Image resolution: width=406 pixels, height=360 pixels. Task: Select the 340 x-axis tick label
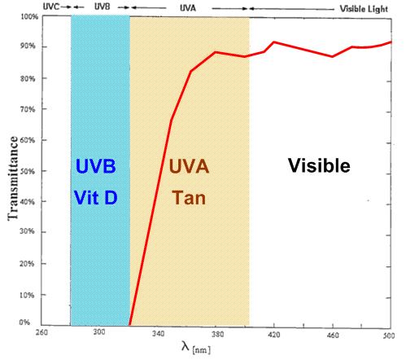pyautogui.click(x=159, y=333)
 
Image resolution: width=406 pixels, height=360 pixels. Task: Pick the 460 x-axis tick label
pyautogui.click(x=333, y=333)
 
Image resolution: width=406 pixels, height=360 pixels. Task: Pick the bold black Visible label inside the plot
pyautogui.click(x=319, y=166)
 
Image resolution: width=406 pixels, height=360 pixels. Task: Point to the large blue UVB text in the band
pyautogui.click(x=97, y=166)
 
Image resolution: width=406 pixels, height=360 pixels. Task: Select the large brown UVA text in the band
pyautogui.click(x=189, y=166)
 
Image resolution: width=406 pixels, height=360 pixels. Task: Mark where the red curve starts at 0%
pyautogui.click(x=130, y=323)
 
